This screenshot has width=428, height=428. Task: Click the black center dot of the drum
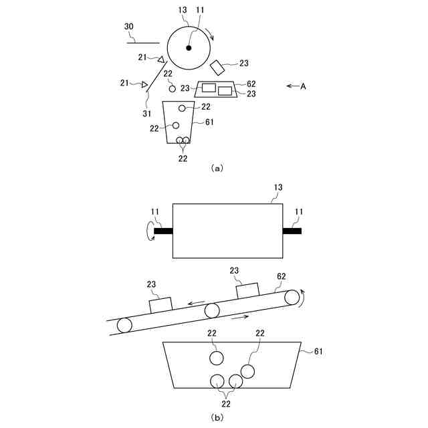pos(189,47)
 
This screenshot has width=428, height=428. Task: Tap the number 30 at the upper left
pos(130,27)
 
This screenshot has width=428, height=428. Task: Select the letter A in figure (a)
pos(304,86)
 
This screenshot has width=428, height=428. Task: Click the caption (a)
pos(216,169)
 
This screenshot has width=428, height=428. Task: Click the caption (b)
pos(216,417)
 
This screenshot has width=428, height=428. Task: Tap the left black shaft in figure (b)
pos(163,231)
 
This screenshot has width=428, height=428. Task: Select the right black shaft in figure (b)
pos(292,231)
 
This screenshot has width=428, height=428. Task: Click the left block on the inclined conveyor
pos(160,304)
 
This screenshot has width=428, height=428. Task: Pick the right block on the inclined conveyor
pos(248,290)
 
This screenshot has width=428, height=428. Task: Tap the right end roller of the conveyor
pos(292,297)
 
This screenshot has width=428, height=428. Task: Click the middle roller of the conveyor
pos(212,310)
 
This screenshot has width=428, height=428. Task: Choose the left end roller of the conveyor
pos(124,326)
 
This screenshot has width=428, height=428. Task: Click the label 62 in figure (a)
pos(251,84)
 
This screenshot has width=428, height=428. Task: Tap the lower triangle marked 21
pos(144,84)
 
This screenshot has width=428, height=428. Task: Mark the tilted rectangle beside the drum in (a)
pos(217,67)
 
